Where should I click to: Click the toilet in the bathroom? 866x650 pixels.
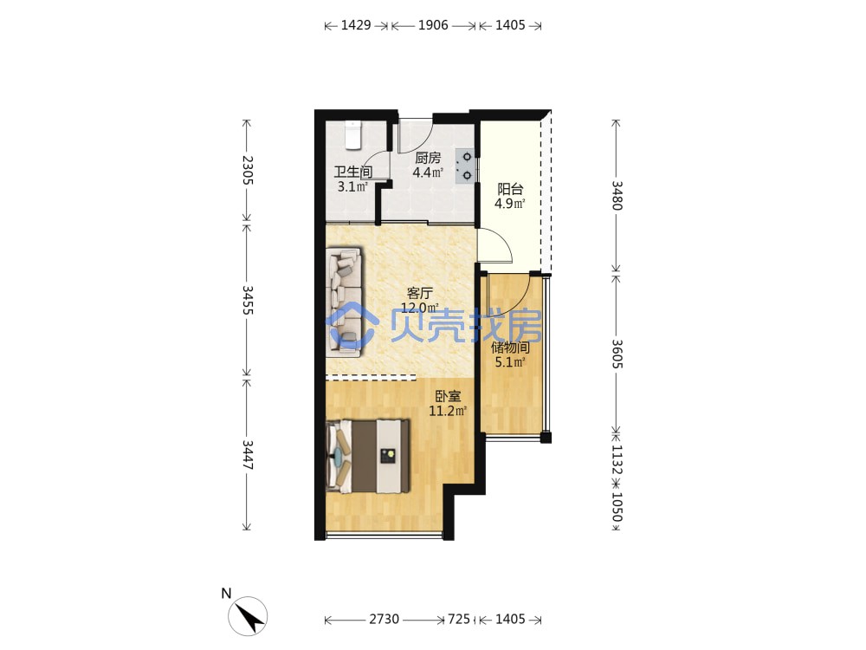click(x=353, y=135)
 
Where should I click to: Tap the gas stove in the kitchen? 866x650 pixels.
click(x=464, y=166)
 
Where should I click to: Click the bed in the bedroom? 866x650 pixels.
click(x=368, y=457)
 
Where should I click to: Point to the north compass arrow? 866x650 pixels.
click(x=248, y=615)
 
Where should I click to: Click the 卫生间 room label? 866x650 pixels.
click(x=353, y=172)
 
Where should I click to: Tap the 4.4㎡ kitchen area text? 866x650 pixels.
click(x=428, y=172)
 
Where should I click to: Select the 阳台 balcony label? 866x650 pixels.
click(x=510, y=189)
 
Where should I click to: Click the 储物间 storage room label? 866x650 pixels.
click(x=510, y=348)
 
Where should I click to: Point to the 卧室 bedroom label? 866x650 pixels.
click(x=448, y=396)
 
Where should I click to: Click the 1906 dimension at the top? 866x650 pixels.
click(x=433, y=25)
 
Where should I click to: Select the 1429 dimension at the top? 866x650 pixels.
click(x=356, y=25)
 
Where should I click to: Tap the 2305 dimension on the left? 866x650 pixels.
click(x=248, y=170)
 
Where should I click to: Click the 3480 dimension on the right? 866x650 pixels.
click(x=617, y=196)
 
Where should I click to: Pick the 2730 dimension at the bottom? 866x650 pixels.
click(x=385, y=619)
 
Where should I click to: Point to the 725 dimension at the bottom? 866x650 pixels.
click(x=459, y=619)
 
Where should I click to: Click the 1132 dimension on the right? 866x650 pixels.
click(x=617, y=460)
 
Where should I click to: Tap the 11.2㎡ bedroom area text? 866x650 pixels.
click(x=448, y=411)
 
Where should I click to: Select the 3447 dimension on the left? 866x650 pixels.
click(x=248, y=455)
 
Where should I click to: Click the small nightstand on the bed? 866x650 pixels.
click(x=388, y=456)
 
